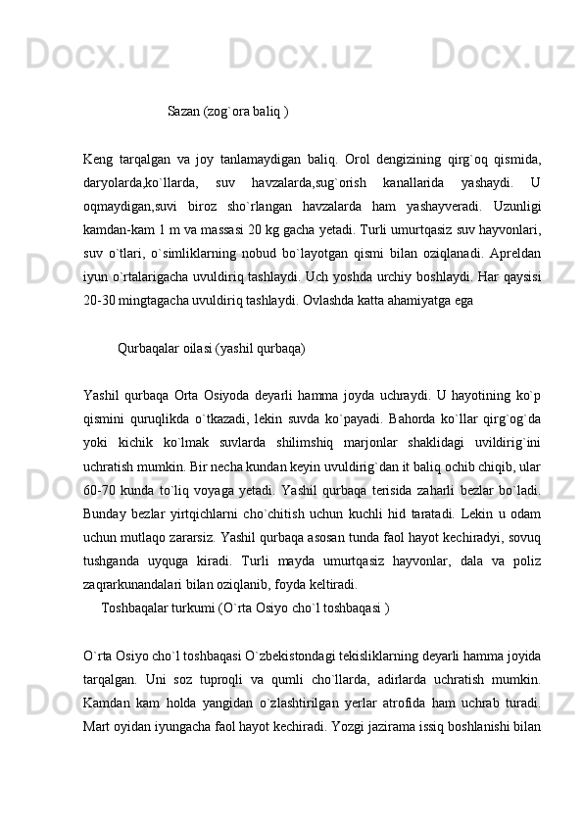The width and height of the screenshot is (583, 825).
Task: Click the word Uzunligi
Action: point(514,206)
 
